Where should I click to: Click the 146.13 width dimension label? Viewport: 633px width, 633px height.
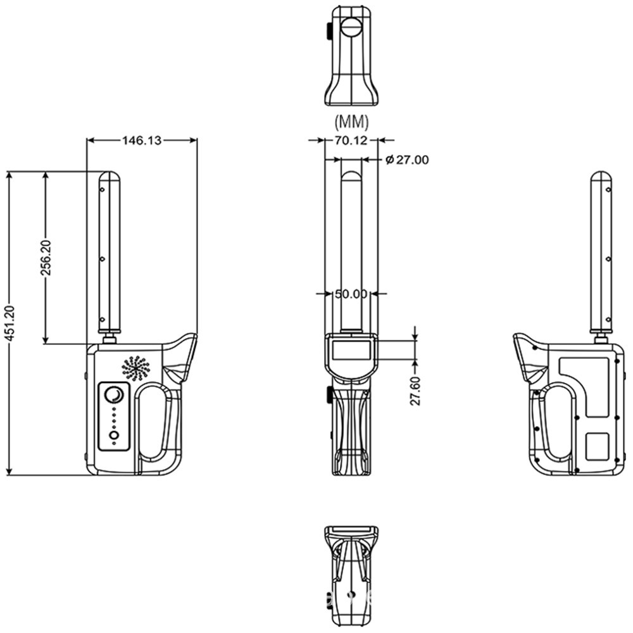(142, 141)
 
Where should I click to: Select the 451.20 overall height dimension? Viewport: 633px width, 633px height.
(9, 323)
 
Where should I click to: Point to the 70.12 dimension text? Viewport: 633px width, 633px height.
(351, 141)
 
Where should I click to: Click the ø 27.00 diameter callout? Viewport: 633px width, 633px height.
(406, 160)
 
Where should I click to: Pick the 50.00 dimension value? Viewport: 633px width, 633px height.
(351, 294)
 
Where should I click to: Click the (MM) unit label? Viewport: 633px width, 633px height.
(351, 120)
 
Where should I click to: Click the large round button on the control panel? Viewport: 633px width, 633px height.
(115, 396)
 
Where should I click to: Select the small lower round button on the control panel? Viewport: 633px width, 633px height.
(114, 436)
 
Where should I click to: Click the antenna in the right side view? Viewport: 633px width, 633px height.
(601, 253)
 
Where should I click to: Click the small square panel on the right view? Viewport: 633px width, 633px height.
(597, 446)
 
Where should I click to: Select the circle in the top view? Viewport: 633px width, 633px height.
(351, 27)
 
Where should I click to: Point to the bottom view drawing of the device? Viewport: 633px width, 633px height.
(351, 573)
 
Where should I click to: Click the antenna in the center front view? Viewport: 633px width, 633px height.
(351, 247)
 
